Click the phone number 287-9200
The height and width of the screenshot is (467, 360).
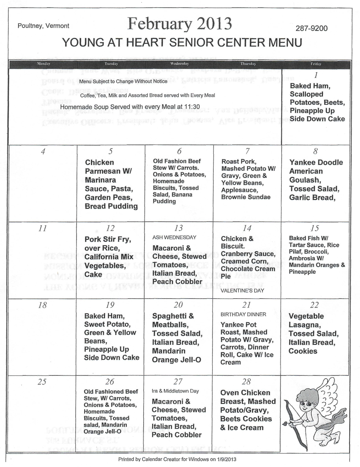(x=311, y=28)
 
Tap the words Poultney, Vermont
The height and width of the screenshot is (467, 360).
(x=43, y=26)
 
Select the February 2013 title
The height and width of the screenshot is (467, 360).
(x=180, y=24)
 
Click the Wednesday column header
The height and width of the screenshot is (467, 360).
(x=179, y=64)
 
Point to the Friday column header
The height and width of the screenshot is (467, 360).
(x=316, y=64)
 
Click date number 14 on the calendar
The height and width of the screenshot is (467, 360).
(x=247, y=228)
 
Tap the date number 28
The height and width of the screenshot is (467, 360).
(x=246, y=382)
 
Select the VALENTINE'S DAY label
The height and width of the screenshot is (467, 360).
(x=242, y=291)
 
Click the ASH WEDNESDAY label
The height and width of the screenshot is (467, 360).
(x=174, y=237)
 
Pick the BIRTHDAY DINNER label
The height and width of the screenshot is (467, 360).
(x=243, y=314)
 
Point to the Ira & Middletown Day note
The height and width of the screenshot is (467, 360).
(x=175, y=391)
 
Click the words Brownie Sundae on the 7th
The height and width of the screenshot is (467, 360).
(x=246, y=197)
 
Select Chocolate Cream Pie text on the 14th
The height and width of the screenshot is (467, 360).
(x=248, y=272)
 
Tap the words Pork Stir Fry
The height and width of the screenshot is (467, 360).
(x=107, y=239)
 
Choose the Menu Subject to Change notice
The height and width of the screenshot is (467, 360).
(x=123, y=81)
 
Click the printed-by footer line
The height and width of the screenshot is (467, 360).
(x=177, y=459)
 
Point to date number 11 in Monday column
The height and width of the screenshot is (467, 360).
(x=43, y=228)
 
